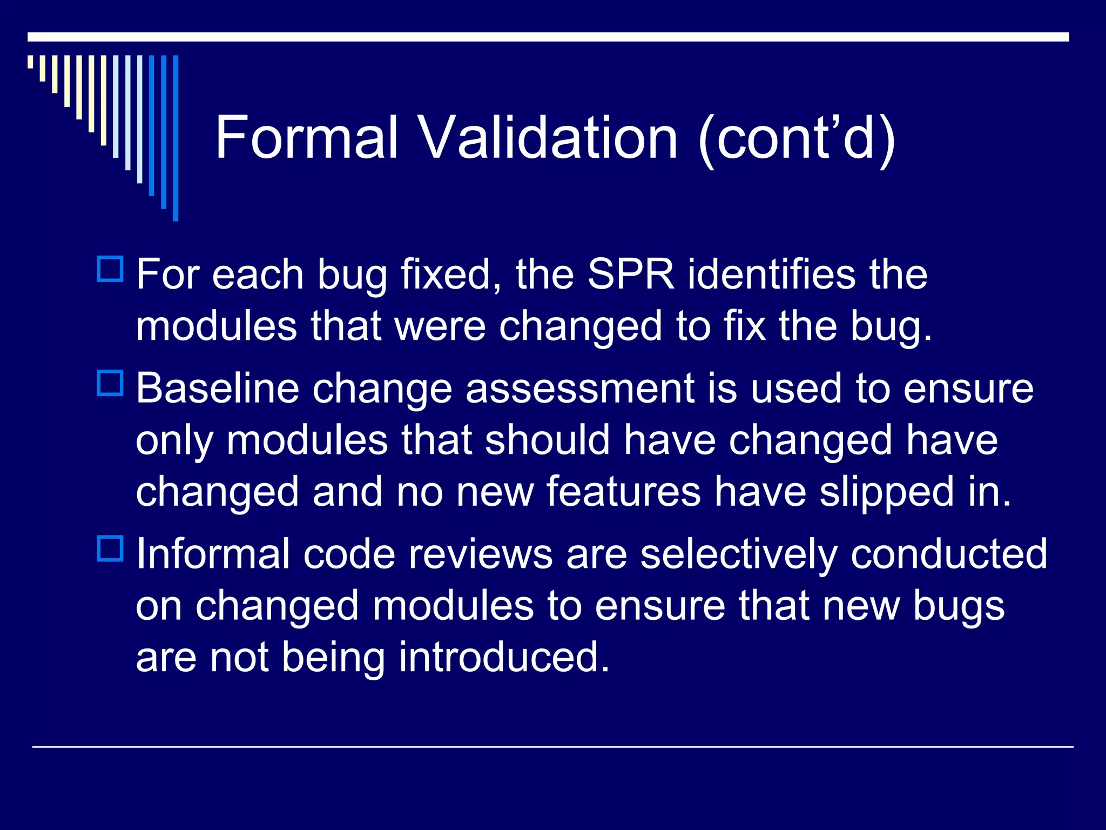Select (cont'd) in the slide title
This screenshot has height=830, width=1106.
point(797,138)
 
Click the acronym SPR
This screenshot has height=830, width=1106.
point(630,275)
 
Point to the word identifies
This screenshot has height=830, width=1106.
point(772,275)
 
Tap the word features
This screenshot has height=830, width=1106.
point(623,492)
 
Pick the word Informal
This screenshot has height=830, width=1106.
point(213,554)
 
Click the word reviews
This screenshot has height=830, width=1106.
point(480,554)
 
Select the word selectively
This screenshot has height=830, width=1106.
point(738,554)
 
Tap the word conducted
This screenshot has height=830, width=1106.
point(949,554)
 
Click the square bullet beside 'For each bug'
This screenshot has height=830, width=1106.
point(110,269)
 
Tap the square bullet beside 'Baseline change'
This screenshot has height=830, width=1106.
point(110,383)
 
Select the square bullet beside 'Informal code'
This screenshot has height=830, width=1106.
point(110,548)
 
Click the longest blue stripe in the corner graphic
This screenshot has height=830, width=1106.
point(176,138)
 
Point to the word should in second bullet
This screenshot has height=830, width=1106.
point(547,440)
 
